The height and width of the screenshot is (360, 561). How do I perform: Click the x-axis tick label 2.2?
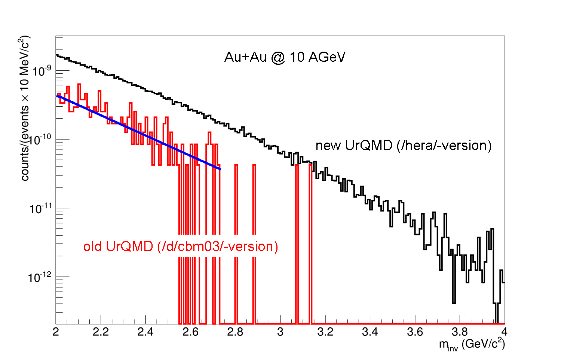pos(101,332)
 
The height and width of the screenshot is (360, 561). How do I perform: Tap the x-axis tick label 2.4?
pos(145,332)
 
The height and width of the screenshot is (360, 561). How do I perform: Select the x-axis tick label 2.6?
pos(190,332)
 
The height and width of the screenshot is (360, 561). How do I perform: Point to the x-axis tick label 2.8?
pos(235,332)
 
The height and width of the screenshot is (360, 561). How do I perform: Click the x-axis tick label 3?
pos(280,332)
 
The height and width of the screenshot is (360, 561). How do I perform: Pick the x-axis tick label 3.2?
pos(325,332)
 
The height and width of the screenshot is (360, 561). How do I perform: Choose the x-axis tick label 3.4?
pos(370,332)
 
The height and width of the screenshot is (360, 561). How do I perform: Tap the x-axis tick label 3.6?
pos(415,332)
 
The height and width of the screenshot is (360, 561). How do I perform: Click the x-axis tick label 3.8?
pos(460,332)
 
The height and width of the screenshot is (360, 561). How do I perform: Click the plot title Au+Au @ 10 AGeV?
pos(285,57)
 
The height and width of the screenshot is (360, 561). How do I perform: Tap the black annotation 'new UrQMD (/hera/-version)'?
pos(403,146)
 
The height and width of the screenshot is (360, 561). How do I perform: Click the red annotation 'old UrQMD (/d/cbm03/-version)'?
pos(181,247)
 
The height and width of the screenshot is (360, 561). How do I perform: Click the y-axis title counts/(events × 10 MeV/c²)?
pos(25,109)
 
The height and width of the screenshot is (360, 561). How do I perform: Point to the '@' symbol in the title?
pos(278,58)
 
